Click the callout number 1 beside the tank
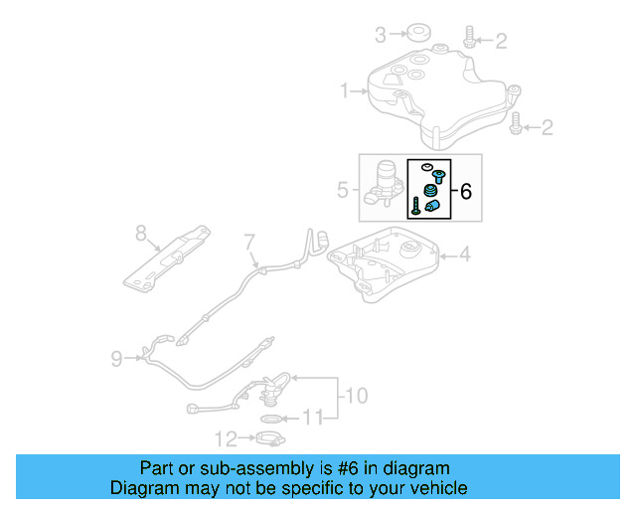click(345, 91)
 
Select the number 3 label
click(380, 36)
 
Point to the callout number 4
click(465, 255)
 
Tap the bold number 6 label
click(466, 188)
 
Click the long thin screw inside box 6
click(414, 207)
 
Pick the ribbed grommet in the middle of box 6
click(431, 191)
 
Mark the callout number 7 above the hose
click(249, 241)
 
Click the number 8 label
click(140, 234)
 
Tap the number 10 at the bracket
click(355, 396)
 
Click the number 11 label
click(312, 419)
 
